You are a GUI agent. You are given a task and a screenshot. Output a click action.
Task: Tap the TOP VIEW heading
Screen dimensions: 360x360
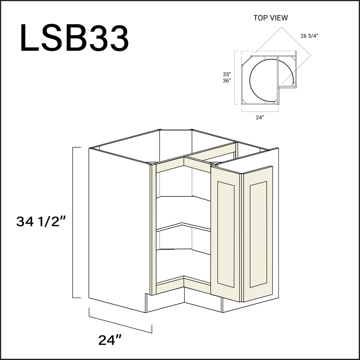tap(270, 18)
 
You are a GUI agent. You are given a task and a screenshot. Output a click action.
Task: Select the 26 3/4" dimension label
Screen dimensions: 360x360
tap(309, 36)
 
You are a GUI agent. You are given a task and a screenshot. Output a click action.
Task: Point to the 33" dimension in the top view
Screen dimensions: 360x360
tap(227, 74)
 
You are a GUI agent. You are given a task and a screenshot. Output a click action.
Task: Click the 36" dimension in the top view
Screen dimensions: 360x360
tap(227, 81)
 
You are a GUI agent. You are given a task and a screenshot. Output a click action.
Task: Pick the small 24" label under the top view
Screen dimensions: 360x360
tap(259, 118)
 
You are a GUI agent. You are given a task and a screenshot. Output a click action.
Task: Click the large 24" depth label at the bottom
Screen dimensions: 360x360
tap(110, 340)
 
